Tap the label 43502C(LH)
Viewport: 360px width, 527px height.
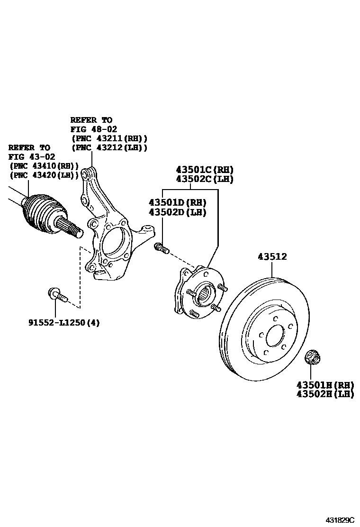coord(205,179)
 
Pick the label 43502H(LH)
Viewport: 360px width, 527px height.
coord(325,394)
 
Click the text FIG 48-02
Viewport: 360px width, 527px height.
coord(94,129)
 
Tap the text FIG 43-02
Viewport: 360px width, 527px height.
coord(32,156)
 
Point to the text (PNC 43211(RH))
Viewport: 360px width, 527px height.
coord(109,138)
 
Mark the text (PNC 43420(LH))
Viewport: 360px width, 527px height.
coord(44,175)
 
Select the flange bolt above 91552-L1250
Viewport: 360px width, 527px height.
coord(57,295)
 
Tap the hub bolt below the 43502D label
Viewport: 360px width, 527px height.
coord(162,247)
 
